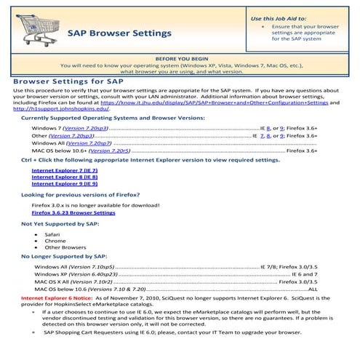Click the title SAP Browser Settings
(119, 33)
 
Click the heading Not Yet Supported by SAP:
(60, 224)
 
